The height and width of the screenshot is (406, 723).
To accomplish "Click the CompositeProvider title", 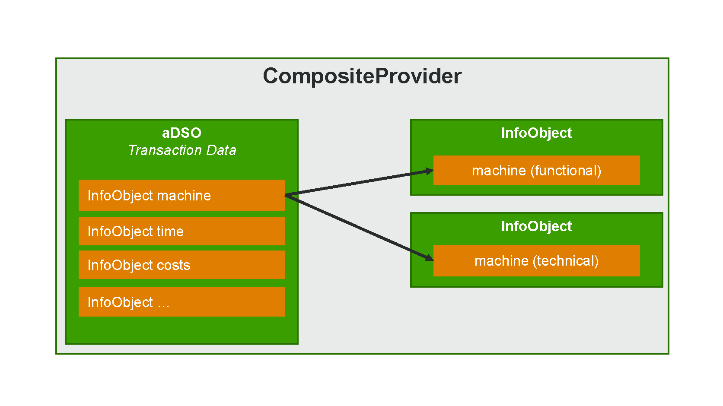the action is point(362,76).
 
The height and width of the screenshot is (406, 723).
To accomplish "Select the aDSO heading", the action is point(182,133).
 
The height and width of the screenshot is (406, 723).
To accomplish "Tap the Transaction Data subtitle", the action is point(182,150).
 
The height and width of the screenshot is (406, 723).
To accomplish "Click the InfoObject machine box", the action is point(182,195).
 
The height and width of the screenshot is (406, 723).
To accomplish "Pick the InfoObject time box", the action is point(182,231).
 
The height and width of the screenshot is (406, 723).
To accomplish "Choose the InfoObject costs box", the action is point(182,265).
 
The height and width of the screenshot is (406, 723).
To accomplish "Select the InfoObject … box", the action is point(182,301).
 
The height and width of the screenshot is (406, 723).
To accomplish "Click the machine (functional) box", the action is point(536,170).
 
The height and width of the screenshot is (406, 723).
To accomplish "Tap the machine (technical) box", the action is point(536,260).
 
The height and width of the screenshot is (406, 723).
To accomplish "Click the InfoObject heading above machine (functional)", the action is point(536,133).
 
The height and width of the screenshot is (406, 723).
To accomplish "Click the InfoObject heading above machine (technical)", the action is point(536,226).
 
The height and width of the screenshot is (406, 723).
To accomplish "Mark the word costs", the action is point(173,265).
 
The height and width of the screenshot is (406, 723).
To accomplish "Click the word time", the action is point(170,231).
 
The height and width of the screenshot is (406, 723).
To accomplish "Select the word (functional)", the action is point(566,170).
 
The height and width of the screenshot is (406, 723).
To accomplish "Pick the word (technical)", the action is point(566,260).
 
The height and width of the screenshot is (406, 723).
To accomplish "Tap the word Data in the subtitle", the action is point(221,150).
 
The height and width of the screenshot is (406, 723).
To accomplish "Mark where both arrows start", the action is point(285,195).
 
